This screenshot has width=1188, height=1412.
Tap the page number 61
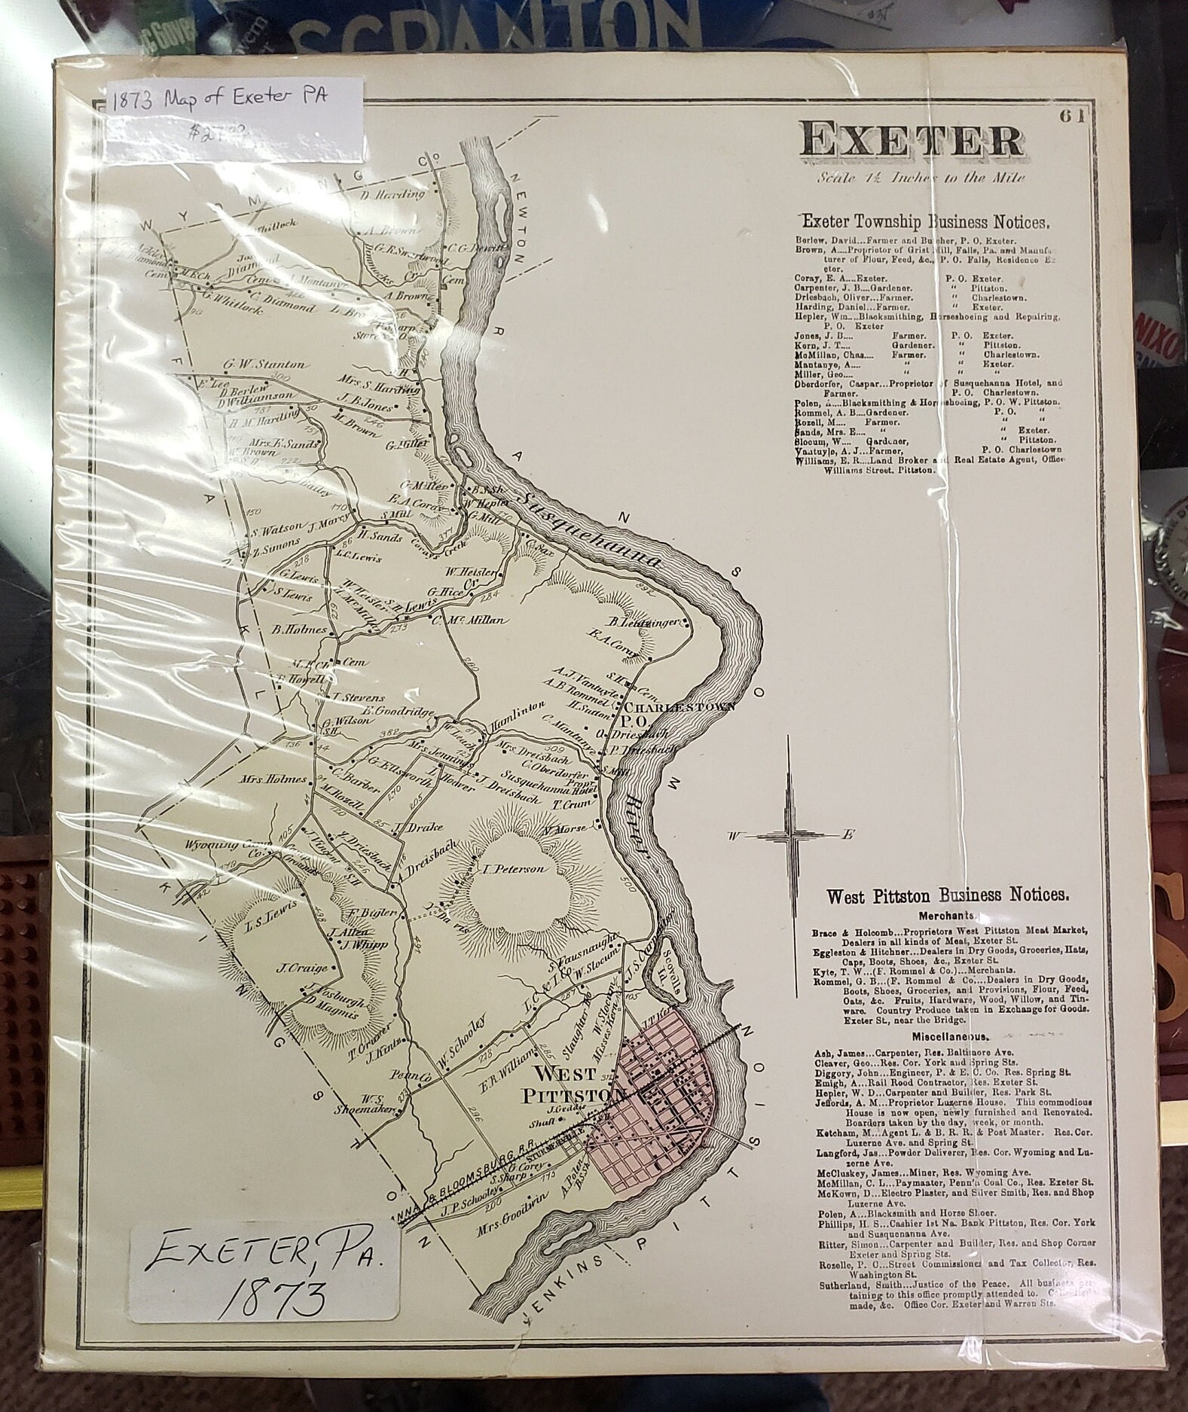coord(1070,115)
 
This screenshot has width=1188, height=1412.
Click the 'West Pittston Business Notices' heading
coord(947,895)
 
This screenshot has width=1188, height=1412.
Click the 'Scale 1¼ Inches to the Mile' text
coord(923,178)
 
